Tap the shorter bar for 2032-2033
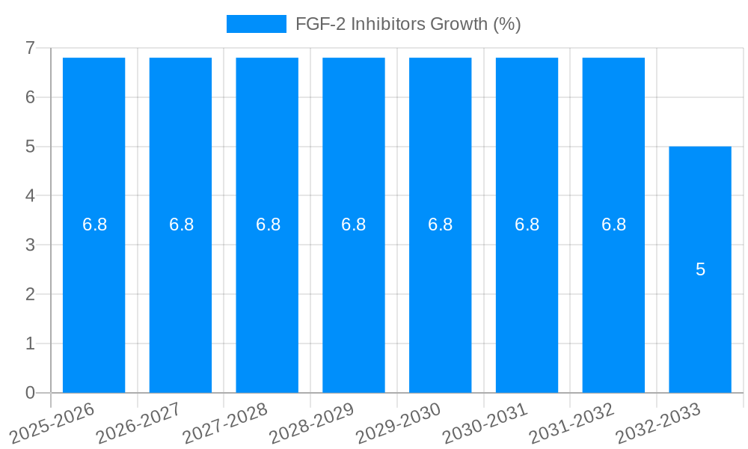point(700,329)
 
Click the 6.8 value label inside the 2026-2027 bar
point(181,224)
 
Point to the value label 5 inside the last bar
point(700,269)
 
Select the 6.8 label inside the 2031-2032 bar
point(613,224)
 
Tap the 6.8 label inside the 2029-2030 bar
point(440,224)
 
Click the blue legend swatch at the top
point(256,24)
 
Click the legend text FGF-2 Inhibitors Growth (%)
point(408,24)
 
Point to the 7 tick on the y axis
point(30,48)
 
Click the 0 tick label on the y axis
point(30,393)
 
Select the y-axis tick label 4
point(30,196)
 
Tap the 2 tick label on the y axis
point(30,294)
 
